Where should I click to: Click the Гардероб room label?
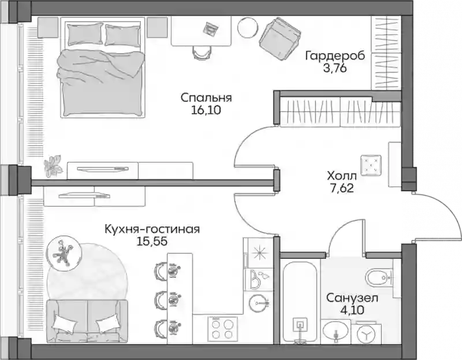pyautogui.click(x=335, y=55)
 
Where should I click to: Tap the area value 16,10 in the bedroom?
pyautogui.click(x=206, y=110)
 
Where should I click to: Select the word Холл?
pyautogui.click(x=342, y=176)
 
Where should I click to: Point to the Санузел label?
pyautogui.click(x=352, y=298)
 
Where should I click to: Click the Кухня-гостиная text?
pyautogui.click(x=152, y=229)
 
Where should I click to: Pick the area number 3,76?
pyautogui.click(x=335, y=68)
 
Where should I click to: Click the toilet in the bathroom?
pyautogui.click(x=379, y=277)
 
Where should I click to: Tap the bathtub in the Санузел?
pyautogui.click(x=300, y=300)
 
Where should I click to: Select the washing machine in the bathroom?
pyautogui.click(x=366, y=334)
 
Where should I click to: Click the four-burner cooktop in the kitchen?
pyautogui.click(x=222, y=329)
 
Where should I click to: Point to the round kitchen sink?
pyautogui.click(x=259, y=303)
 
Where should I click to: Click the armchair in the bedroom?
pyautogui.click(x=280, y=38)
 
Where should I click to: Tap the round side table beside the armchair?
pyautogui.click(x=248, y=27)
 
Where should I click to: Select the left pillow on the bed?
pyautogui.click(x=85, y=34)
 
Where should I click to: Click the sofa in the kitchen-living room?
pyautogui.click(x=87, y=321)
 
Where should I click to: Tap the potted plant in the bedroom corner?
pyautogui.click(x=53, y=165)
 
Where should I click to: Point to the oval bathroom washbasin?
pyautogui.click(x=335, y=331)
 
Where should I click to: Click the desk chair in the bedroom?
pyautogui.click(x=202, y=53)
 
